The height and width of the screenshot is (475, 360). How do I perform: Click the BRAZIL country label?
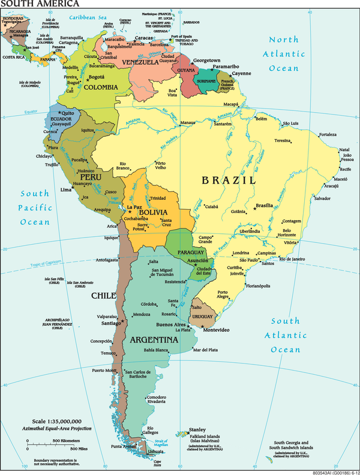click(229, 180)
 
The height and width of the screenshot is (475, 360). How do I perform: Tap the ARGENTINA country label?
click(154, 340)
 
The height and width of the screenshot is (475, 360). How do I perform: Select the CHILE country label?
click(103, 296)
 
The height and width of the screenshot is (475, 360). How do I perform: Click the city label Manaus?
click(188, 123)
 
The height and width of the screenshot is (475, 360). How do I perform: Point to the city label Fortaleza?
click(328, 134)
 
